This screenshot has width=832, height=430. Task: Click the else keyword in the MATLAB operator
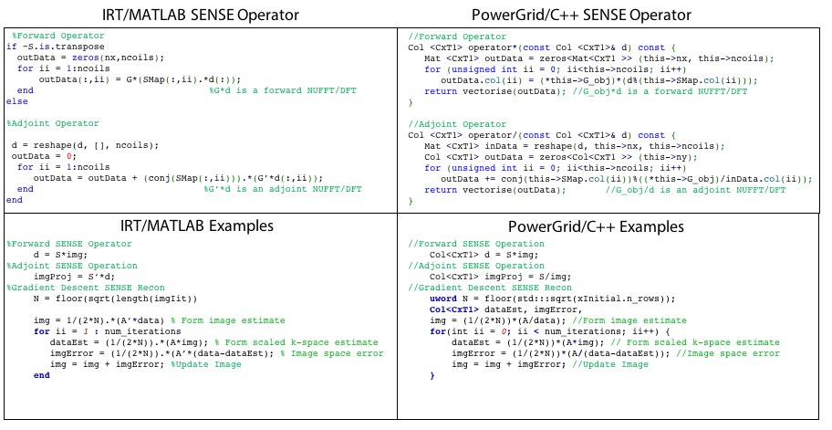coord(16,101)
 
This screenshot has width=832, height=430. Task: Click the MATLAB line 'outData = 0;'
coord(38,155)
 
